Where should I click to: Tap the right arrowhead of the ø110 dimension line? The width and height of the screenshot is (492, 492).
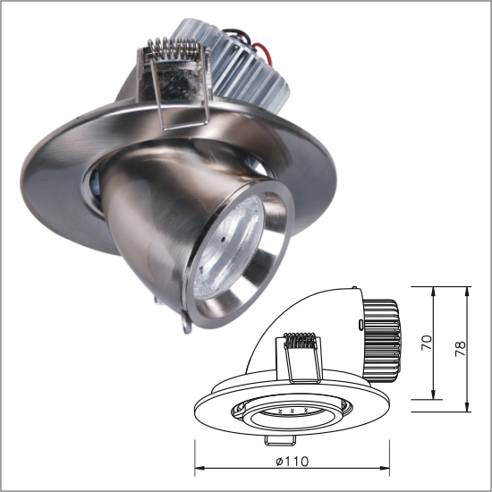click(x=391, y=468)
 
